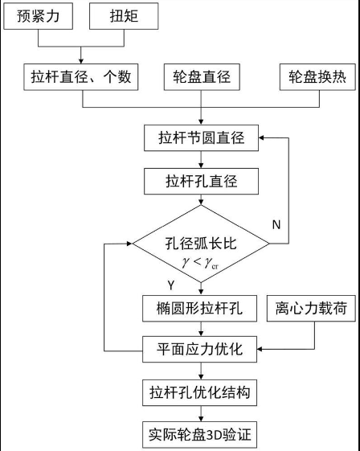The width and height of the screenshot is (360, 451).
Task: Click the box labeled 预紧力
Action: click(38, 16)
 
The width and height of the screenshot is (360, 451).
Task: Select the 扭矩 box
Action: click(124, 16)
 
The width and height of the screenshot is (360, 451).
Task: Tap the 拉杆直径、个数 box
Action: click(81, 77)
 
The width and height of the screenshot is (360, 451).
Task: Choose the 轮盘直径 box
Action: click(202, 77)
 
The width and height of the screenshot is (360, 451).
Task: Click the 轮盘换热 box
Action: click(317, 77)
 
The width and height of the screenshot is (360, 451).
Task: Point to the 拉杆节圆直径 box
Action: click(201, 137)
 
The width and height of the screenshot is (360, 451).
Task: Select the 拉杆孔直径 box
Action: click(201, 181)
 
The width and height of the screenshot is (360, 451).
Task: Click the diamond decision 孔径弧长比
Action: click(201, 244)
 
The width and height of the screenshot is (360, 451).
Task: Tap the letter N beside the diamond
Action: click(276, 224)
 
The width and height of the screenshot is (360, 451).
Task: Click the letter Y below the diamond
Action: click(171, 285)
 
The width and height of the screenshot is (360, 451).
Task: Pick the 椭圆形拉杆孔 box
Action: click(199, 309)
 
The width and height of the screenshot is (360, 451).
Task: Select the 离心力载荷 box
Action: click(311, 309)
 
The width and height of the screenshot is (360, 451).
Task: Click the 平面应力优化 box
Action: click(199, 349)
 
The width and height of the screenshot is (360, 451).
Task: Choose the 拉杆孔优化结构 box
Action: click(199, 392)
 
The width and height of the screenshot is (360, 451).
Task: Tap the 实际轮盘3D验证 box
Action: click(199, 435)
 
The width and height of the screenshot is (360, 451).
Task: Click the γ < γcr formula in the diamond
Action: click(200, 263)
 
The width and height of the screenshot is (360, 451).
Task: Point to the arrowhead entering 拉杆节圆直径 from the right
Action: click(261, 137)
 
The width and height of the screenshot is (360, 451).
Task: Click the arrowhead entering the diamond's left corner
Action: click(129, 244)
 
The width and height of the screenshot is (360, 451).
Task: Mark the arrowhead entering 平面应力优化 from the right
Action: click(260, 349)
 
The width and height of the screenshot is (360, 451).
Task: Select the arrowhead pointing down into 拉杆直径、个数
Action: click(81, 61)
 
